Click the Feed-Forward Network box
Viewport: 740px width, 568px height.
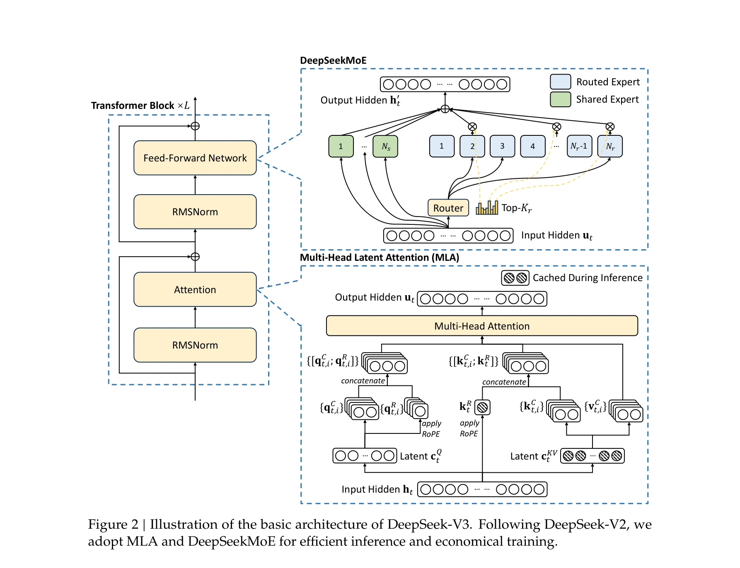pos(195,158)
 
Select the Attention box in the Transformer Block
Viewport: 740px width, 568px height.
pos(195,289)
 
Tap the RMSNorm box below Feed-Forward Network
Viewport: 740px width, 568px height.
pos(195,212)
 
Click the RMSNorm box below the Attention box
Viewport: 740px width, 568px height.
pos(195,345)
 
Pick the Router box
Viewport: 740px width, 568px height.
pos(448,208)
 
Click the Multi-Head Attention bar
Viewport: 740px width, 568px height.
pos(481,326)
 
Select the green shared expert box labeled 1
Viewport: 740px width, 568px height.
pos(341,146)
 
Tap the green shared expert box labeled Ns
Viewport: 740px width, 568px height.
pos(385,146)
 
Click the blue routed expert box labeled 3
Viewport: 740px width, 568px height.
pos(502,146)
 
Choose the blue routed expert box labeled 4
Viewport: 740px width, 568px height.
pos(532,146)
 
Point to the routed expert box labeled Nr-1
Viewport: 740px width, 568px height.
pos(579,146)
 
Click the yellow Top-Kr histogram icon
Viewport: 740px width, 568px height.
pos(487,207)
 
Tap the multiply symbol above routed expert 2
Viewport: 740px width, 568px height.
pos(472,127)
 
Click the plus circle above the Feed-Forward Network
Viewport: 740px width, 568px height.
pos(195,126)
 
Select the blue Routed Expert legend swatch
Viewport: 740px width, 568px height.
pos(560,82)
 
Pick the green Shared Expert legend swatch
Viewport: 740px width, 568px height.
pos(560,99)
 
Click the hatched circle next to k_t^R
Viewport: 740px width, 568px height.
pos(482,407)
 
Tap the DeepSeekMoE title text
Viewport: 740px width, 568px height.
pos(333,60)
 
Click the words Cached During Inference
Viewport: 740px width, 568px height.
pos(587,278)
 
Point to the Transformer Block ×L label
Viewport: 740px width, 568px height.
pos(140,106)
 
